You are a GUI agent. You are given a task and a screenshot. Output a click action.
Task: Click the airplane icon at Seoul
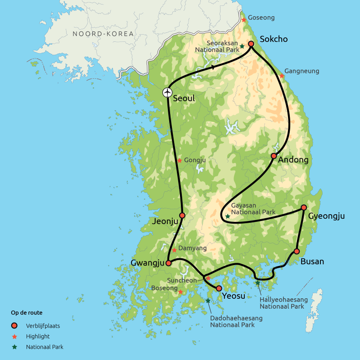[x=167, y=92]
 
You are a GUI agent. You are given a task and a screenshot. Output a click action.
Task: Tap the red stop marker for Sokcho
[x=251, y=44]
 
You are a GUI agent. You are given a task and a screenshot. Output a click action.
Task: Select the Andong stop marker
[x=273, y=156]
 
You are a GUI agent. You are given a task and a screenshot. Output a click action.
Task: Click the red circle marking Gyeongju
[x=304, y=207]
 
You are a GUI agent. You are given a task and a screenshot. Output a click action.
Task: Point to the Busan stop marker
[x=297, y=251]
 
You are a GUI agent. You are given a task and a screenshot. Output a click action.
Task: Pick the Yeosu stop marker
[x=219, y=288]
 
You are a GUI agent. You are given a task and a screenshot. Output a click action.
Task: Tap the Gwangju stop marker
[x=168, y=263]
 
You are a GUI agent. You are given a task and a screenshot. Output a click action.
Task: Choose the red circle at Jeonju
[x=182, y=216]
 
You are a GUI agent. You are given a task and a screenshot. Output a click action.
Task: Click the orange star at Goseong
[x=243, y=20]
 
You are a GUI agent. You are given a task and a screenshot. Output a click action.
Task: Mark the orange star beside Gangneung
[x=282, y=76]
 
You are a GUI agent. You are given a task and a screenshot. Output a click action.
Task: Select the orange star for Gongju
[x=180, y=161]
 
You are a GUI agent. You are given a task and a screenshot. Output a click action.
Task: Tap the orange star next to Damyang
[x=174, y=250]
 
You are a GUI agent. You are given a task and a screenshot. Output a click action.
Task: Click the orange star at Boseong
[x=180, y=292]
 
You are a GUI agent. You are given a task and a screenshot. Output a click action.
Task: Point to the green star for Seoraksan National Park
[x=242, y=46]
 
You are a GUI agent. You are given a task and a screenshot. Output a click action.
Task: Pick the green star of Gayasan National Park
[x=228, y=216]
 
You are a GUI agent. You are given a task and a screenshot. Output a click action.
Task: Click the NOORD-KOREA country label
[x=103, y=34]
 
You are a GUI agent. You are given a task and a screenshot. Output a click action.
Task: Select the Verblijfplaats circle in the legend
[x=14, y=325]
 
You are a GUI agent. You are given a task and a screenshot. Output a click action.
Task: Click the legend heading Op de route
[x=27, y=312]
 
